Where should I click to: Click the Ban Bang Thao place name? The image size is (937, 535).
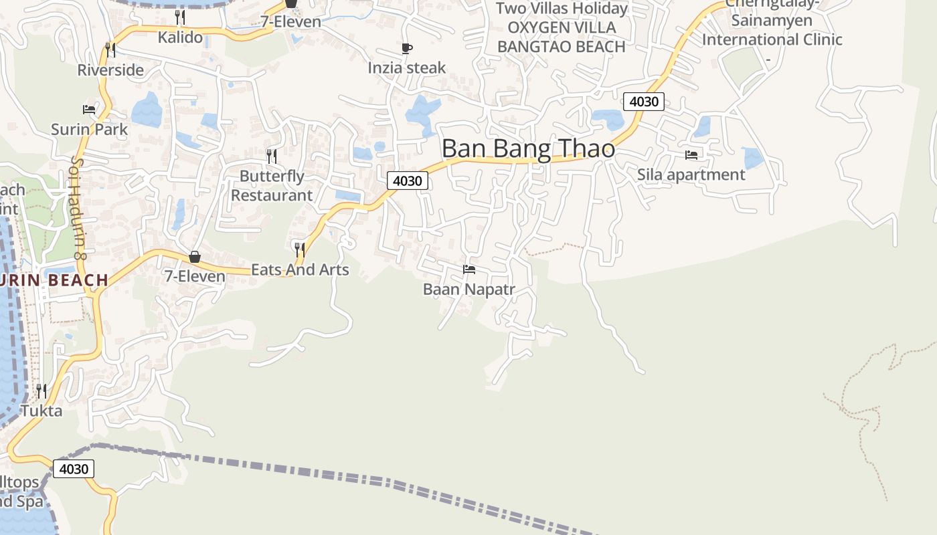pyautogui.click(x=528, y=148)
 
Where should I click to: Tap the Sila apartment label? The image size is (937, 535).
pyautogui.click(x=691, y=175)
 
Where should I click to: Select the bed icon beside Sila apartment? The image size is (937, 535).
pyautogui.click(x=691, y=154)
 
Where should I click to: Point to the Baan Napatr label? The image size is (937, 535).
pyautogui.click(x=469, y=290)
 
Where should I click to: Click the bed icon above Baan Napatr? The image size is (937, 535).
pyautogui.click(x=469, y=270)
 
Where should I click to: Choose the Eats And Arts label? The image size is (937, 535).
pyautogui.click(x=300, y=270)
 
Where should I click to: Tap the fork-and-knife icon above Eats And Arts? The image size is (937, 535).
pyautogui.click(x=300, y=250)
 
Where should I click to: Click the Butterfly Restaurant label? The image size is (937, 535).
pyautogui.click(x=272, y=186)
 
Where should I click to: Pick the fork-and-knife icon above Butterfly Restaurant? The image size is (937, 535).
pyautogui.click(x=272, y=156)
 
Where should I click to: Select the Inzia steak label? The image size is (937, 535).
pyautogui.click(x=406, y=68)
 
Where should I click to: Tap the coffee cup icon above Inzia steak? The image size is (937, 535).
pyautogui.click(x=406, y=48)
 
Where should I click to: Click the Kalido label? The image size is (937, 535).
pyautogui.click(x=180, y=37)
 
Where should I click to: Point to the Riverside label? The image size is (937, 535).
pyautogui.click(x=110, y=70)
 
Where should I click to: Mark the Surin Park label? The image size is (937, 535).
pyautogui.click(x=89, y=129)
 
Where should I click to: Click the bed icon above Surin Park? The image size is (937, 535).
pyautogui.click(x=89, y=110)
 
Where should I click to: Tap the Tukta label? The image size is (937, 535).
pyautogui.click(x=41, y=410)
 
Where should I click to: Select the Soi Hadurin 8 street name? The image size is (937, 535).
pyautogui.click(x=78, y=208)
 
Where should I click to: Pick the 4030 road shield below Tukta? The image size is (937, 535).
pyautogui.click(x=73, y=469)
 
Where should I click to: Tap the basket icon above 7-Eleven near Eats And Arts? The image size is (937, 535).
pyautogui.click(x=195, y=257)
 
